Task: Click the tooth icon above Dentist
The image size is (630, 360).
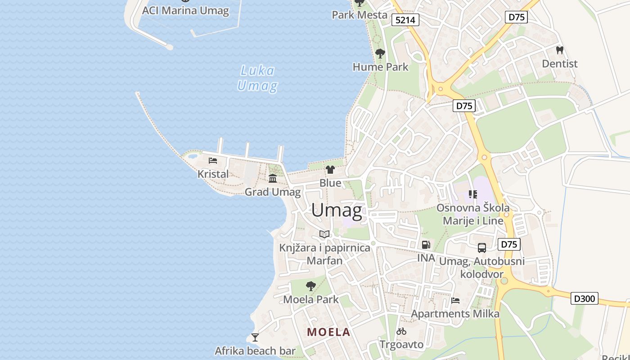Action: click(560, 50)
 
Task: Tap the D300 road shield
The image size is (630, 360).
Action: click(585, 298)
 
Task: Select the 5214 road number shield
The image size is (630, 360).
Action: click(405, 20)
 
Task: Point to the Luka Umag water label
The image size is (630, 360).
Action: click(257, 78)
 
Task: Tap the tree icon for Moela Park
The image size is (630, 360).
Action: click(310, 286)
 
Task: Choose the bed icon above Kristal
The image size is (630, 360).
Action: click(213, 161)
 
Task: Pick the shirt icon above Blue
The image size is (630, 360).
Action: click(330, 170)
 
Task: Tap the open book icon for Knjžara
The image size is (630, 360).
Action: click(324, 234)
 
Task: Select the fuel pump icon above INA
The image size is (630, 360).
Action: click(426, 245)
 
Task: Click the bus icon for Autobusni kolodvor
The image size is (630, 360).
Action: click(482, 247)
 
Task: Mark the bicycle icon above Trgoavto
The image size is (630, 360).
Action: click(401, 332)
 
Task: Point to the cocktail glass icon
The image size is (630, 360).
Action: click(255, 337)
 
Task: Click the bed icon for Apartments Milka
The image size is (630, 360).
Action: click(455, 301)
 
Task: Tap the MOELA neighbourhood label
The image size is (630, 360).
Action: click(328, 332)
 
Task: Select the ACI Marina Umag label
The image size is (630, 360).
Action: click(185, 10)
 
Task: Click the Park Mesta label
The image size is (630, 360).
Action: click(360, 15)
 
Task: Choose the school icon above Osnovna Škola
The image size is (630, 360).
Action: click(472, 194)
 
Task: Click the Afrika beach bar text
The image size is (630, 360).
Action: click(255, 351)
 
